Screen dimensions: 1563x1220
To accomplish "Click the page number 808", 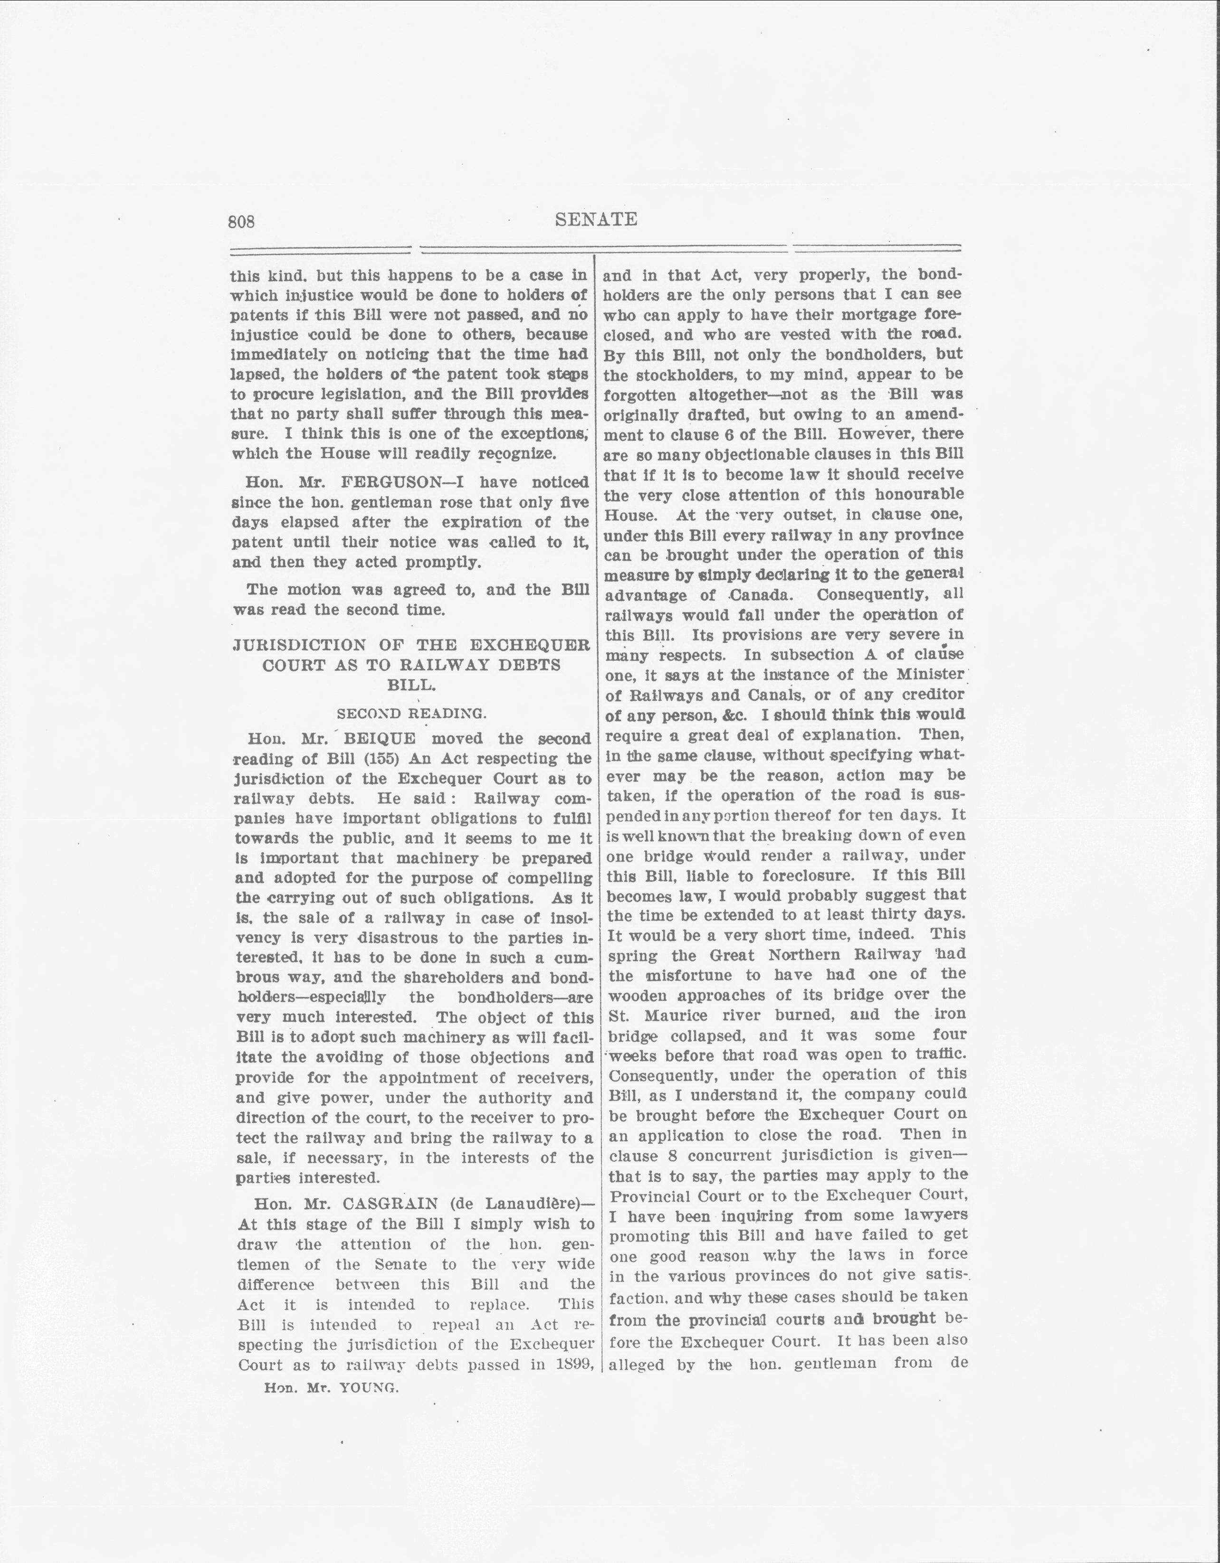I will [241, 222].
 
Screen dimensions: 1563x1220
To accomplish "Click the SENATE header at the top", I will [596, 219].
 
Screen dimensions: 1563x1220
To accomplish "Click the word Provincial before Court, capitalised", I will [651, 1196].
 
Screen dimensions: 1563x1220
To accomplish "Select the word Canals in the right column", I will [793, 695].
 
